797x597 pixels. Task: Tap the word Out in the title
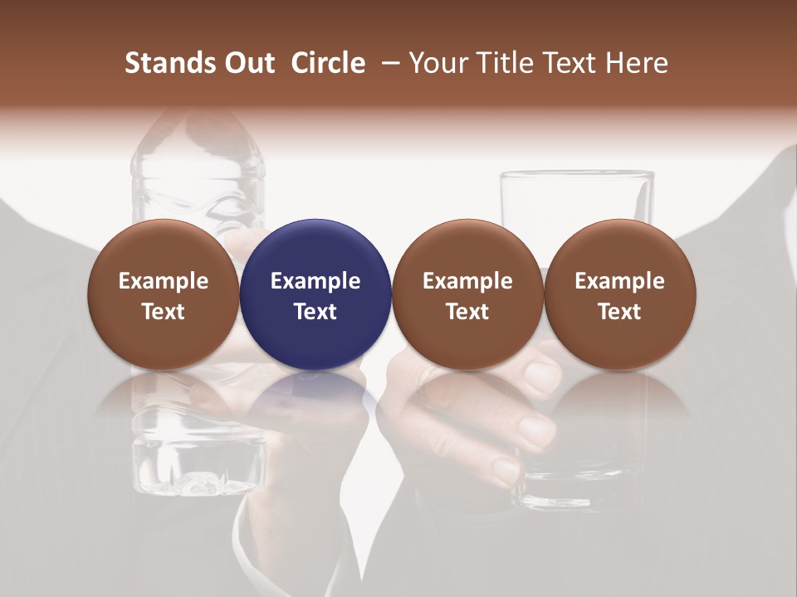click(247, 63)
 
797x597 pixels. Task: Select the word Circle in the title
click(328, 63)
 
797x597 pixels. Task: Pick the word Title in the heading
click(503, 63)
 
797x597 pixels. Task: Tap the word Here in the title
click(638, 63)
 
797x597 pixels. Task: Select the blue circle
click(315, 294)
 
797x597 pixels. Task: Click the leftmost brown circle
click(164, 294)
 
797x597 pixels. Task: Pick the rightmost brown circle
click(620, 294)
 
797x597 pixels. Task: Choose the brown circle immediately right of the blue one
click(467, 294)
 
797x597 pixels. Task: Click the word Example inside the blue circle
click(315, 281)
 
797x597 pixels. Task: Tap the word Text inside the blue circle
click(315, 312)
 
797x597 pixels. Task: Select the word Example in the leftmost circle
click(164, 281)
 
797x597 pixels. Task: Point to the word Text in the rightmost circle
click(620, 312)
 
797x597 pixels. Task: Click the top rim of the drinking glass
click(577, 174)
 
